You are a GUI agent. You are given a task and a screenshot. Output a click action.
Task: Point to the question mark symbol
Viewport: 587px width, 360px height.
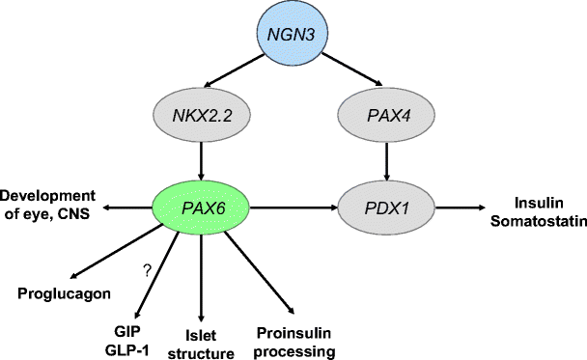pos(147,272)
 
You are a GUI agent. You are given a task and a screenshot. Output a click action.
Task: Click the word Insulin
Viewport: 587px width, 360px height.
pos(536,199)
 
